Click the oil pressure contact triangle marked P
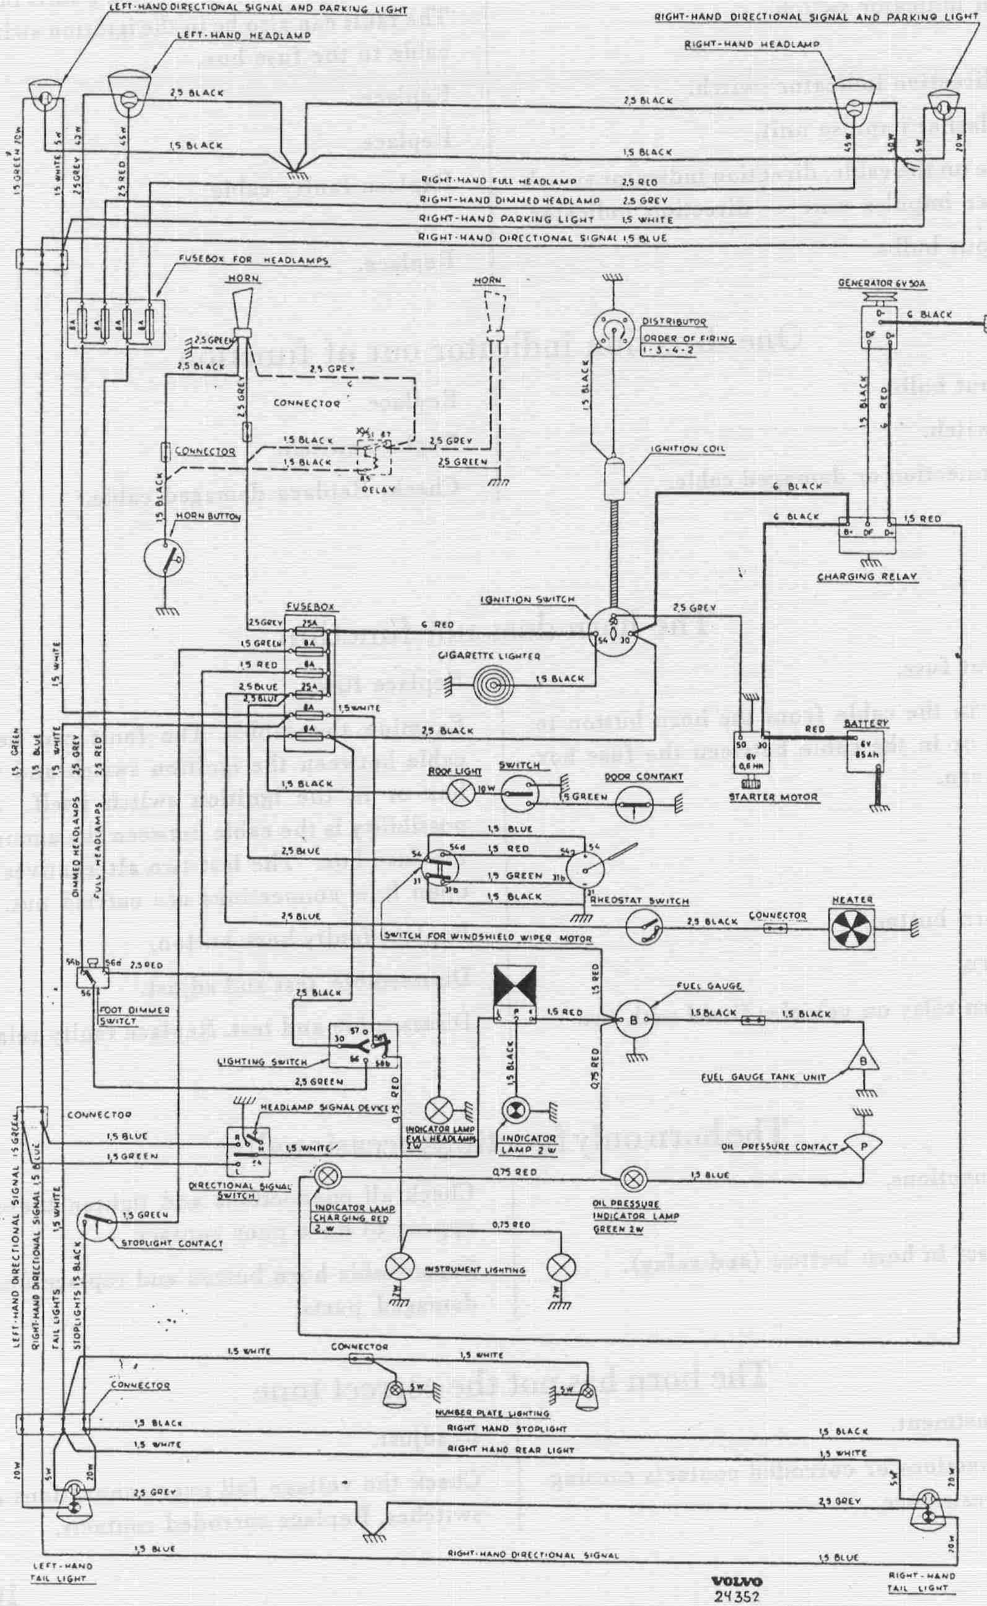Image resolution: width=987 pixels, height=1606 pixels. pyautogui.click(x=862, y=1143)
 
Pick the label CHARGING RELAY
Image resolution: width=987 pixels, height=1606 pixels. pyautogui.click(x=867, y=577)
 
